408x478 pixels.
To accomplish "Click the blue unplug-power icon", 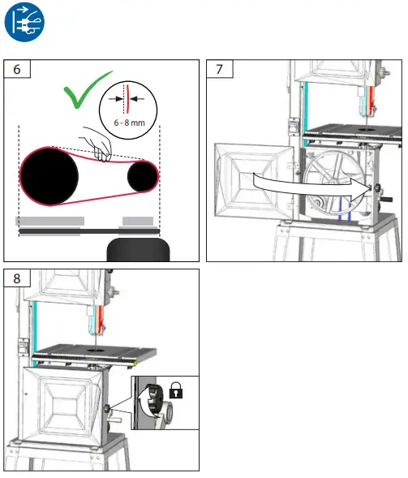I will tap(26, 25).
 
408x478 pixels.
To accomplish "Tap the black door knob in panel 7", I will tap(377, 189).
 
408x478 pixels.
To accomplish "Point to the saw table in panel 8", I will tap(89, 351).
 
